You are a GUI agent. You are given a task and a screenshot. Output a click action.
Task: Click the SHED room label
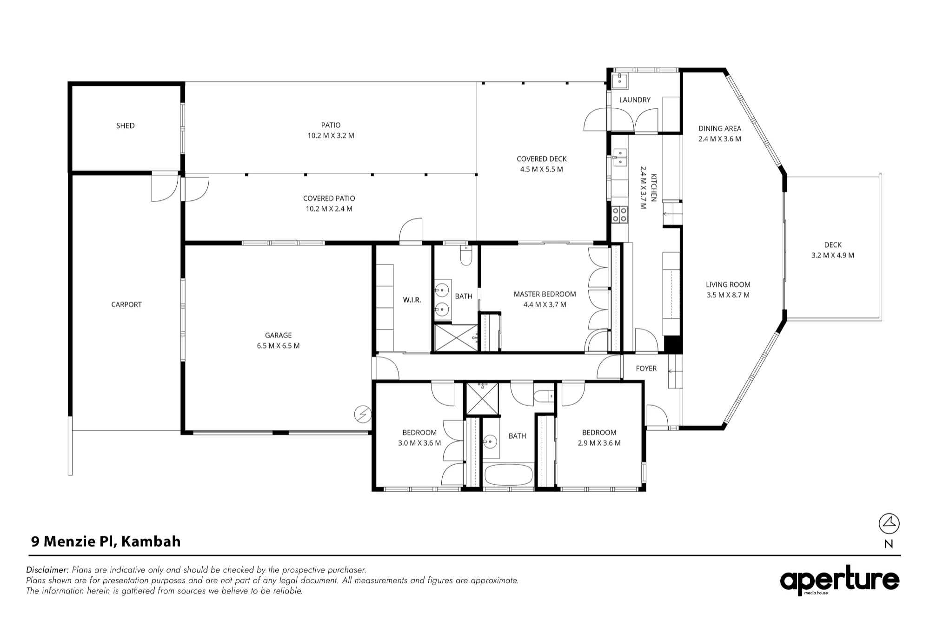(125, 125)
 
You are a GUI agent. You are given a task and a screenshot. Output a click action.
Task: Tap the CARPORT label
(126, 304)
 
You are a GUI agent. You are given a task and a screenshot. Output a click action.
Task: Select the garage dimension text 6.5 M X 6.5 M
(278, 346)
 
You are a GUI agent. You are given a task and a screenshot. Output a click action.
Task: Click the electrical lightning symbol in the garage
(363, 414)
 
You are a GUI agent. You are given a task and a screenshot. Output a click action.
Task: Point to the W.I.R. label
(412, 300)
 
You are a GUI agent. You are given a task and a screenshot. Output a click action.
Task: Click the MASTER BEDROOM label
(545, 294)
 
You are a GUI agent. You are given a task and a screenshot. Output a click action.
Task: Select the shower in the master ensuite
(456, 338)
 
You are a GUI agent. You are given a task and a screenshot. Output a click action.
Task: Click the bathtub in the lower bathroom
(508, 475)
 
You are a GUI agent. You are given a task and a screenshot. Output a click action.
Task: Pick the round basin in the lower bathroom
(490, 440)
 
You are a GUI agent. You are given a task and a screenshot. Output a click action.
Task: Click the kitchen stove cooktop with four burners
(619, 214)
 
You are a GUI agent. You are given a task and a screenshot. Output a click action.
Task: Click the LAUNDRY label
(635, 100)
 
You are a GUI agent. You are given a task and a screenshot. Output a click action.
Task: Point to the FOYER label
(646, 369)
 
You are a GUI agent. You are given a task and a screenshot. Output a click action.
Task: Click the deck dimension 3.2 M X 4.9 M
(833, 255)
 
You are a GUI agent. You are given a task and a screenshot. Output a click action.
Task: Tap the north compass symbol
(889, 524)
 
